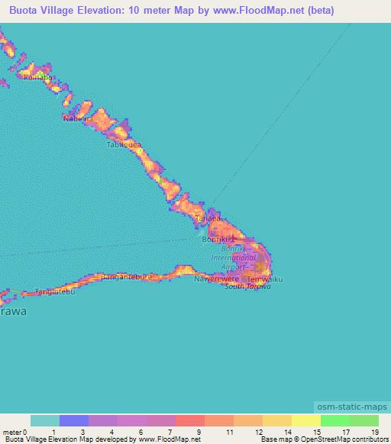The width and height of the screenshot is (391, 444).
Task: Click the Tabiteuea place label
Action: (x=125, y=145)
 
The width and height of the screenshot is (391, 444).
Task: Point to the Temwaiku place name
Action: (x=266, y=280)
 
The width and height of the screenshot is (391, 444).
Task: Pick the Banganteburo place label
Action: (x=127, y=276)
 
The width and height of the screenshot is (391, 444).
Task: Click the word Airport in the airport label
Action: (x=233, y=267)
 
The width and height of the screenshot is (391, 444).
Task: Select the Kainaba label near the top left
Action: (x=39, y=78)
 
